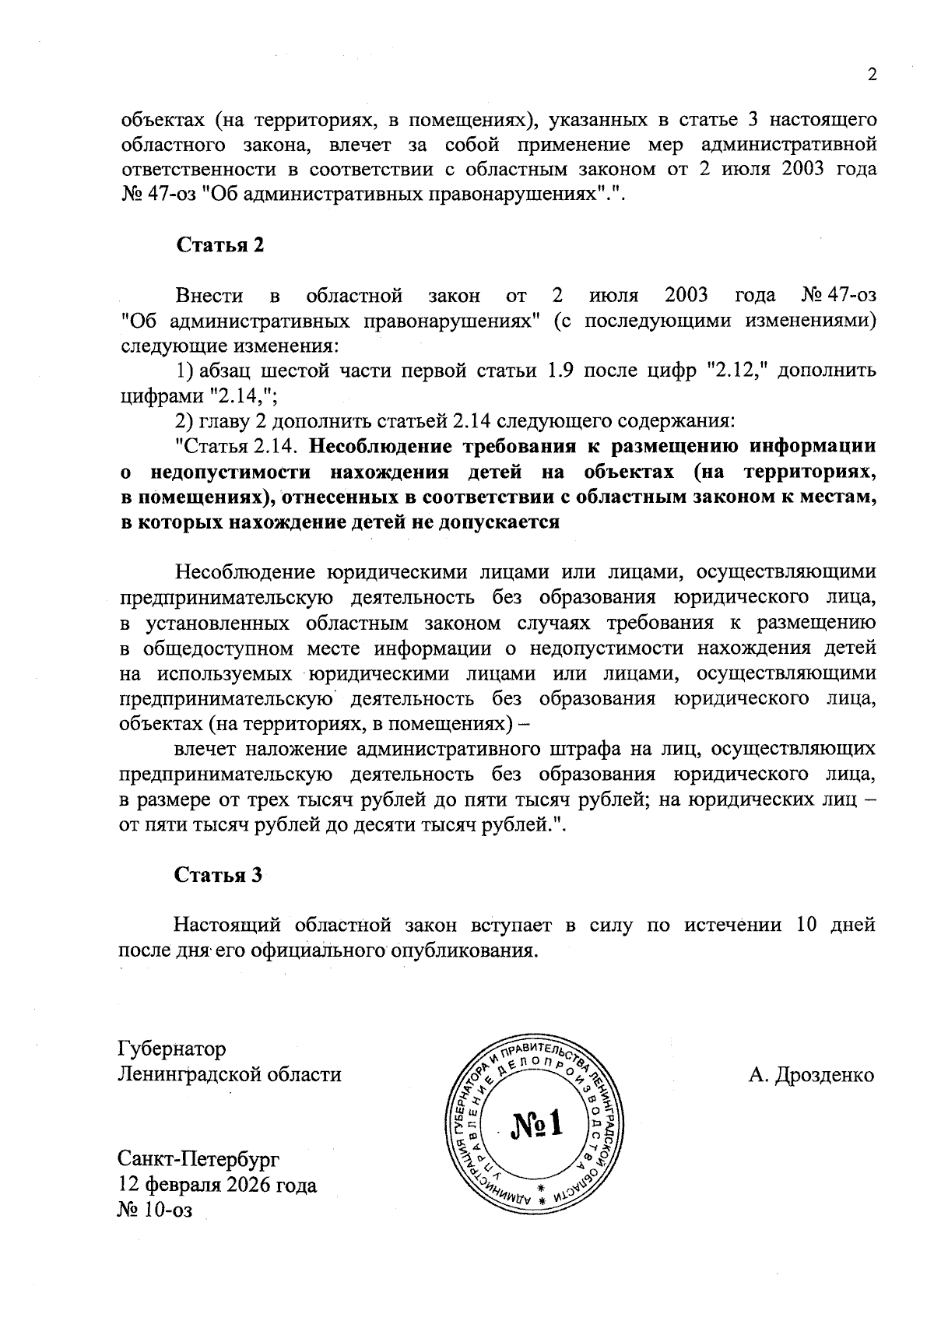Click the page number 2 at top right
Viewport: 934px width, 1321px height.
[872, 75]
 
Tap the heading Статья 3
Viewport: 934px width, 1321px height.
[218, 875]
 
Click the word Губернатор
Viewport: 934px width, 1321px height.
[171, 1049]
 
